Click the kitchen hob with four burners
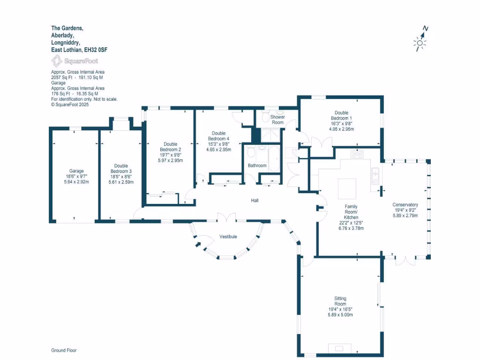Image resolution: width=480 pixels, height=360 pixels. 357,154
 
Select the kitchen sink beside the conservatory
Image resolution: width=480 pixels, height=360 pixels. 375,175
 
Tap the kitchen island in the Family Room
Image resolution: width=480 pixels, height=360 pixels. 347,186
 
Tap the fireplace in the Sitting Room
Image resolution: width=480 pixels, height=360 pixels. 339,348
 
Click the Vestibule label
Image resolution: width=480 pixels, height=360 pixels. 228,237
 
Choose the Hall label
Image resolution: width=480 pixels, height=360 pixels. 255,201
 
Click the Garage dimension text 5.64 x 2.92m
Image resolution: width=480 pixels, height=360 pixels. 76,182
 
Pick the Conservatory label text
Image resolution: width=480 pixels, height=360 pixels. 405,205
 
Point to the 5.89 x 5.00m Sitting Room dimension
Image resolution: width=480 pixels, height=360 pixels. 340,315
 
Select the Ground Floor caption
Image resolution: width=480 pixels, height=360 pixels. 64,350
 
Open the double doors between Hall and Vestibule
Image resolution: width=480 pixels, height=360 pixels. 227,217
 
